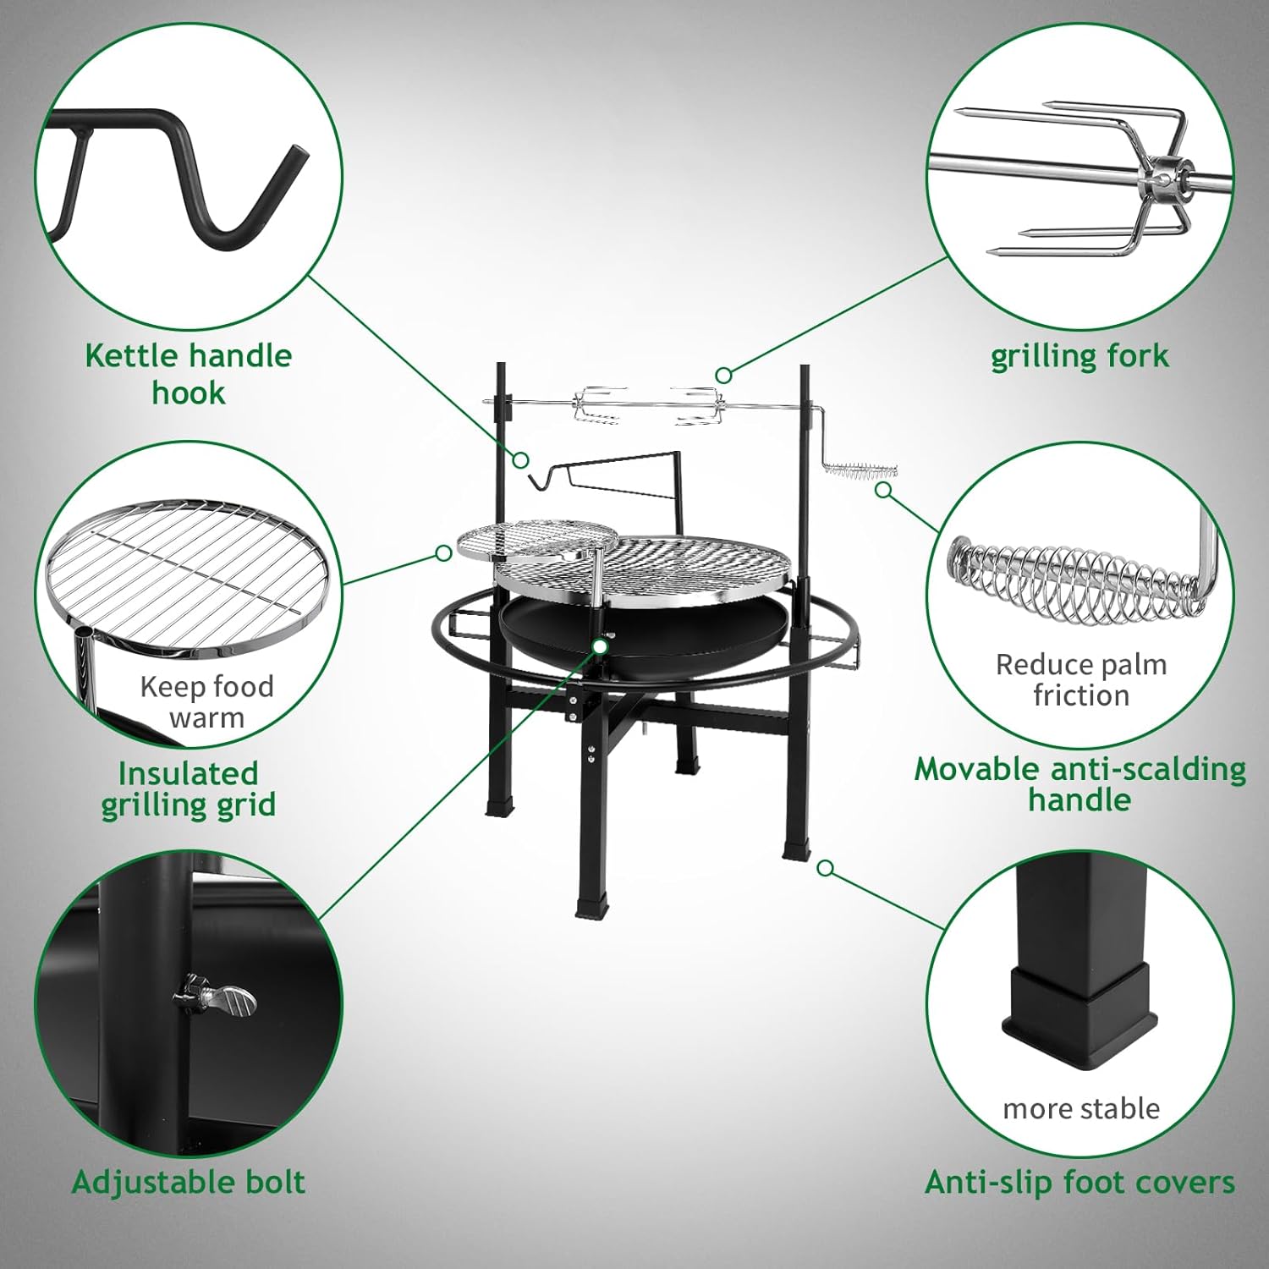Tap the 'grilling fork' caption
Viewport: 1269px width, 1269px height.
coord(1079,356)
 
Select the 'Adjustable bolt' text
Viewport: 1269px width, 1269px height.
coord(188,1182)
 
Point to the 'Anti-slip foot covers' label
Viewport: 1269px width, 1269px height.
coord(1080,1182)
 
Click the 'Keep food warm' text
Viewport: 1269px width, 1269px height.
coord(206,701)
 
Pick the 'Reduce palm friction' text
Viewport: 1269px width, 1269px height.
coord(1080,679)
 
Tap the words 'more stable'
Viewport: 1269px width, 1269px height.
coord(1080,1108)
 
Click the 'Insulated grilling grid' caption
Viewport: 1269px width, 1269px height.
coord(188,788)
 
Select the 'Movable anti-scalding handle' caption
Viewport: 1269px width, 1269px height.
coord(1080,784)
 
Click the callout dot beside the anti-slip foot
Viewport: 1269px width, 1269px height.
coord(826,868)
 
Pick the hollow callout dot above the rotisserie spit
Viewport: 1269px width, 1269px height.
coord(722,374)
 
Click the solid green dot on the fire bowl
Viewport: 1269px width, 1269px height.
coord(600,646)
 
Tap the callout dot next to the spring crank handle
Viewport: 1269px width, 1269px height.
coord(883,489)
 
